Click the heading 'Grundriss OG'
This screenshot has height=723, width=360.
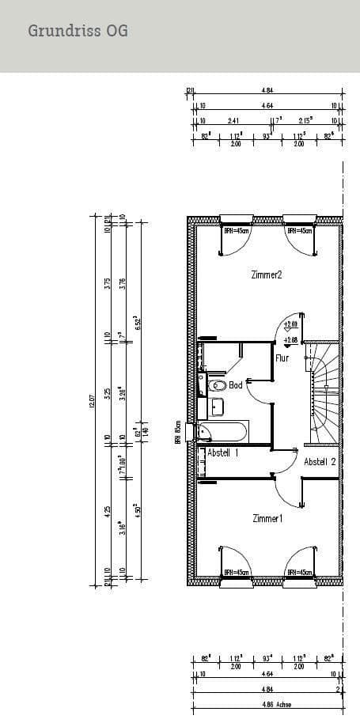78,31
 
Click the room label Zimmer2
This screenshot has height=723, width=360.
267,274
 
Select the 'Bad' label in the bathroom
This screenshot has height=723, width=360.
236,385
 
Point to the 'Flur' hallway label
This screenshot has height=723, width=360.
282,358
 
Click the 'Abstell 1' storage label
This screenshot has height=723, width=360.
222,452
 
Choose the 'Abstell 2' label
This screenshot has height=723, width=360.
320,461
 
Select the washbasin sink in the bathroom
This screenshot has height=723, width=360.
217,407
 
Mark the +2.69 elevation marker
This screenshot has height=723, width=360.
290,324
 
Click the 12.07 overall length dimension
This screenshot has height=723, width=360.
93,402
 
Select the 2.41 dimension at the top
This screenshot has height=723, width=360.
233,121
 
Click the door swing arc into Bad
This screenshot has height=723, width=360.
257,390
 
